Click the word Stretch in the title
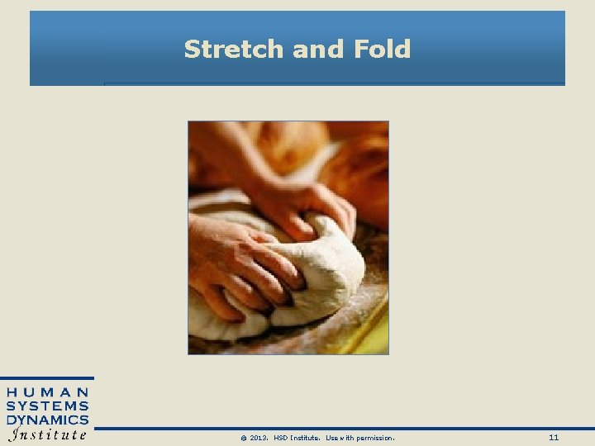pos(235,50)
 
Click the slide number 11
pos(554,437)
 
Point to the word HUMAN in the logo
pos(48,391)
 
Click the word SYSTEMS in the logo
pos(48,406)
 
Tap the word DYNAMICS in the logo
pos(48,420)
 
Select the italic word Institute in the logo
pos(48,434)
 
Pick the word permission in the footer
pos(371,437)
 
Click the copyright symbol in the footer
pos(243,437)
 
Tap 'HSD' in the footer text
pos(281,437)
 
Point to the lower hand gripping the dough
pos(240,264)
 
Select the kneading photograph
pos(288,238)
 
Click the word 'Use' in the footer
pos(332,437)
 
